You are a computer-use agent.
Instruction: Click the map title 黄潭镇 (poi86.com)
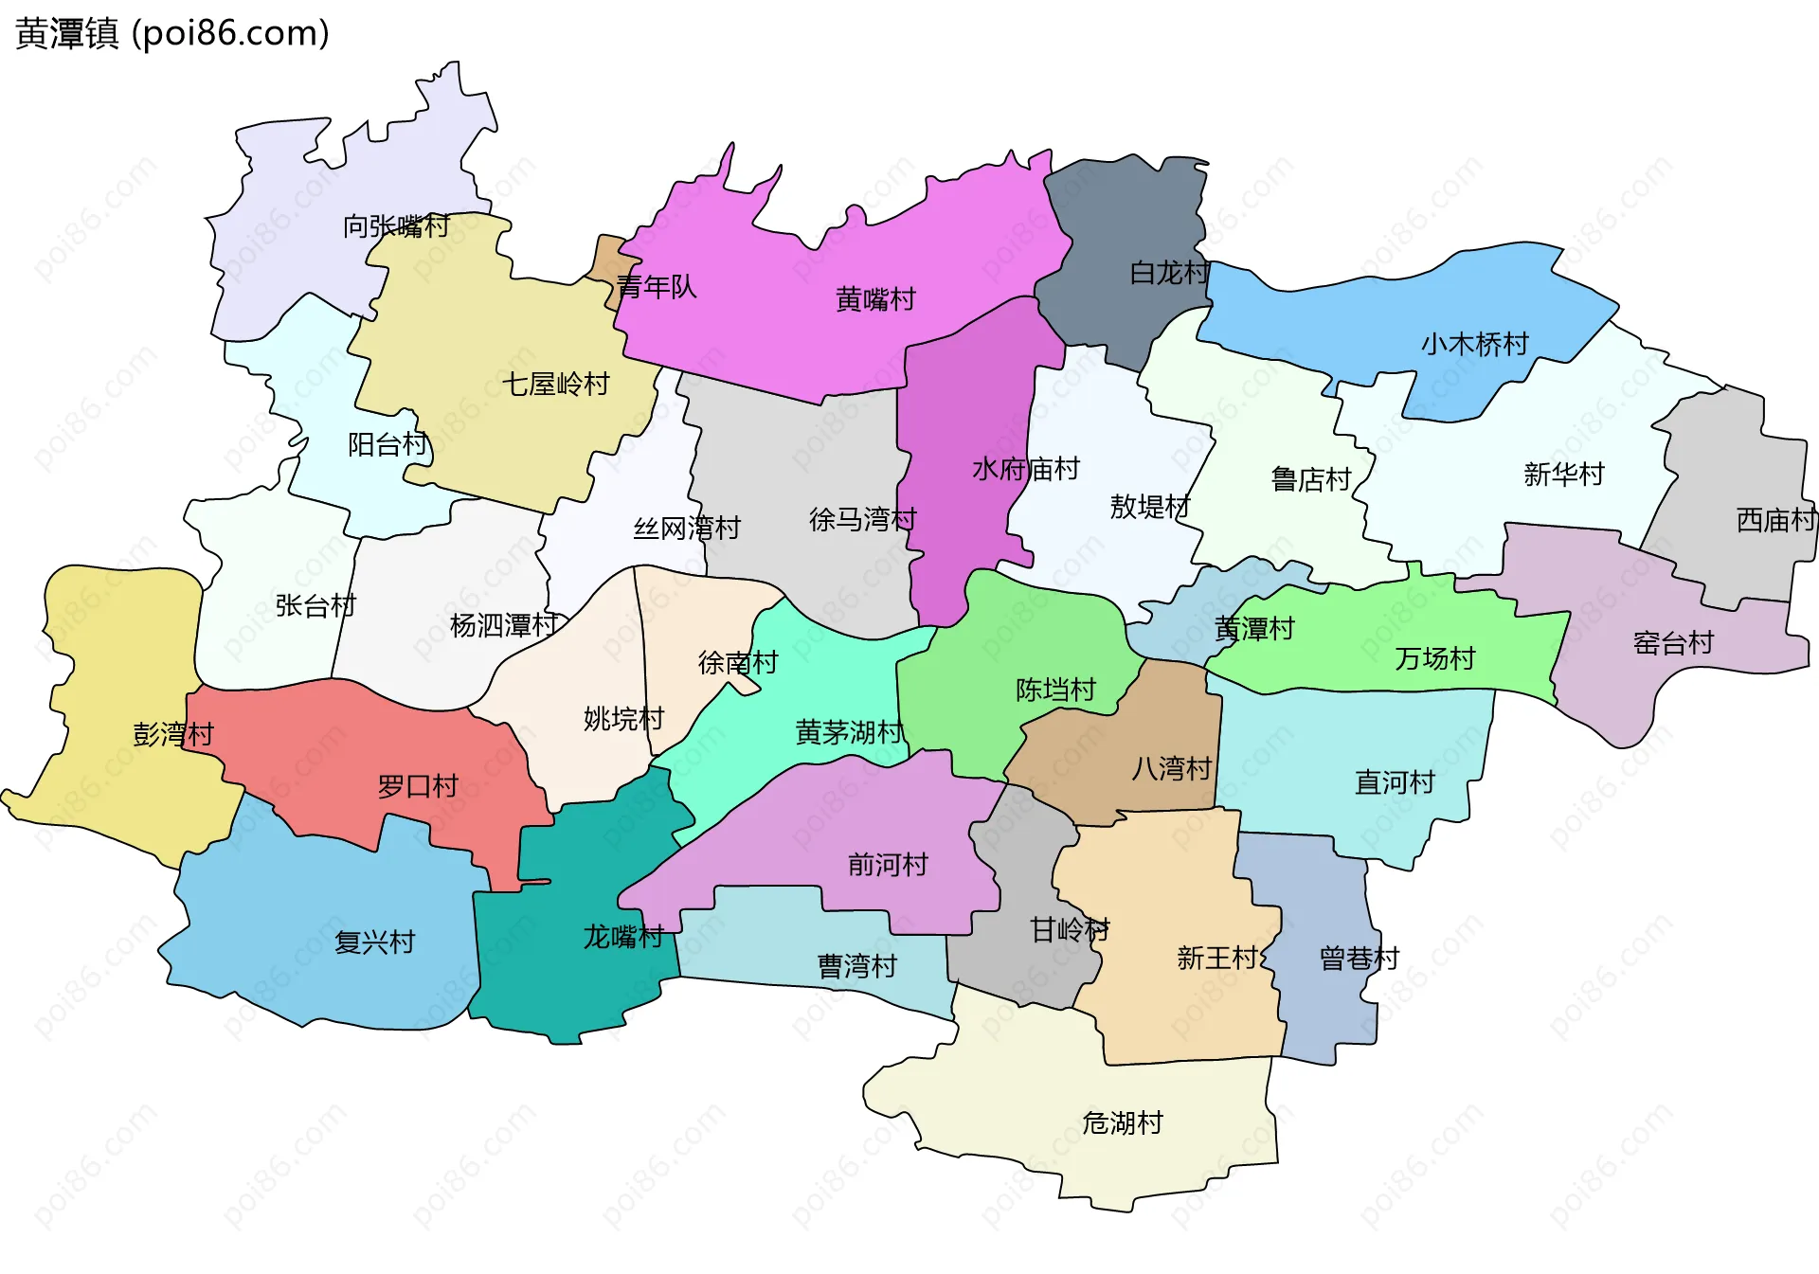point(172,34)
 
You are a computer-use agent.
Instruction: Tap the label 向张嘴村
point(396,226)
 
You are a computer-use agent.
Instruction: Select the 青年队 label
point(656,287)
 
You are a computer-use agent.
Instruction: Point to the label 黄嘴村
point(875,299)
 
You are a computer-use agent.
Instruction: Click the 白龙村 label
point(1169,274)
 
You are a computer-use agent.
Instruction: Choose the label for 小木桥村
point(1474,344)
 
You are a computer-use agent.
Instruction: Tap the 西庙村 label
point(1775,520)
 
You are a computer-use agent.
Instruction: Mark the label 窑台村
point(1673,644)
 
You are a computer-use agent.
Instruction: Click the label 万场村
point(1434,658)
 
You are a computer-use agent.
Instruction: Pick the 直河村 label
point(1395,782)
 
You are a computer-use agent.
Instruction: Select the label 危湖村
point(1123,1123)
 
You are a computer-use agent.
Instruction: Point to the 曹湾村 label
point(856,966)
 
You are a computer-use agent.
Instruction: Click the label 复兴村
point(374,942)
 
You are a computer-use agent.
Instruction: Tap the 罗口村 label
point(417,786)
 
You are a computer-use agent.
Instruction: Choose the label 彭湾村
point(173,734)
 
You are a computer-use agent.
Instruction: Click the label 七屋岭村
point(555,385)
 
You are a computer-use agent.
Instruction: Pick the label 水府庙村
point(1025,469)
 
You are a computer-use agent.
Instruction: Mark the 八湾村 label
point(1171,768)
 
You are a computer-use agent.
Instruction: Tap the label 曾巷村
point(1359,959)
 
